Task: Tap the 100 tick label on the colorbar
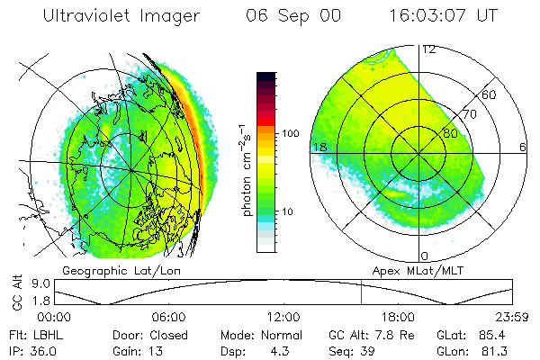pos(290,133)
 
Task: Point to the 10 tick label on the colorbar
pos(288,212)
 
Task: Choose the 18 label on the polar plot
pos(319,147)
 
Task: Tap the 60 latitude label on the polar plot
pos(489,94)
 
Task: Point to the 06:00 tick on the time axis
pos(169,317)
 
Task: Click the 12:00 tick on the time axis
pos(283,317)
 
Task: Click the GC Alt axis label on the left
pos(16,292)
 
